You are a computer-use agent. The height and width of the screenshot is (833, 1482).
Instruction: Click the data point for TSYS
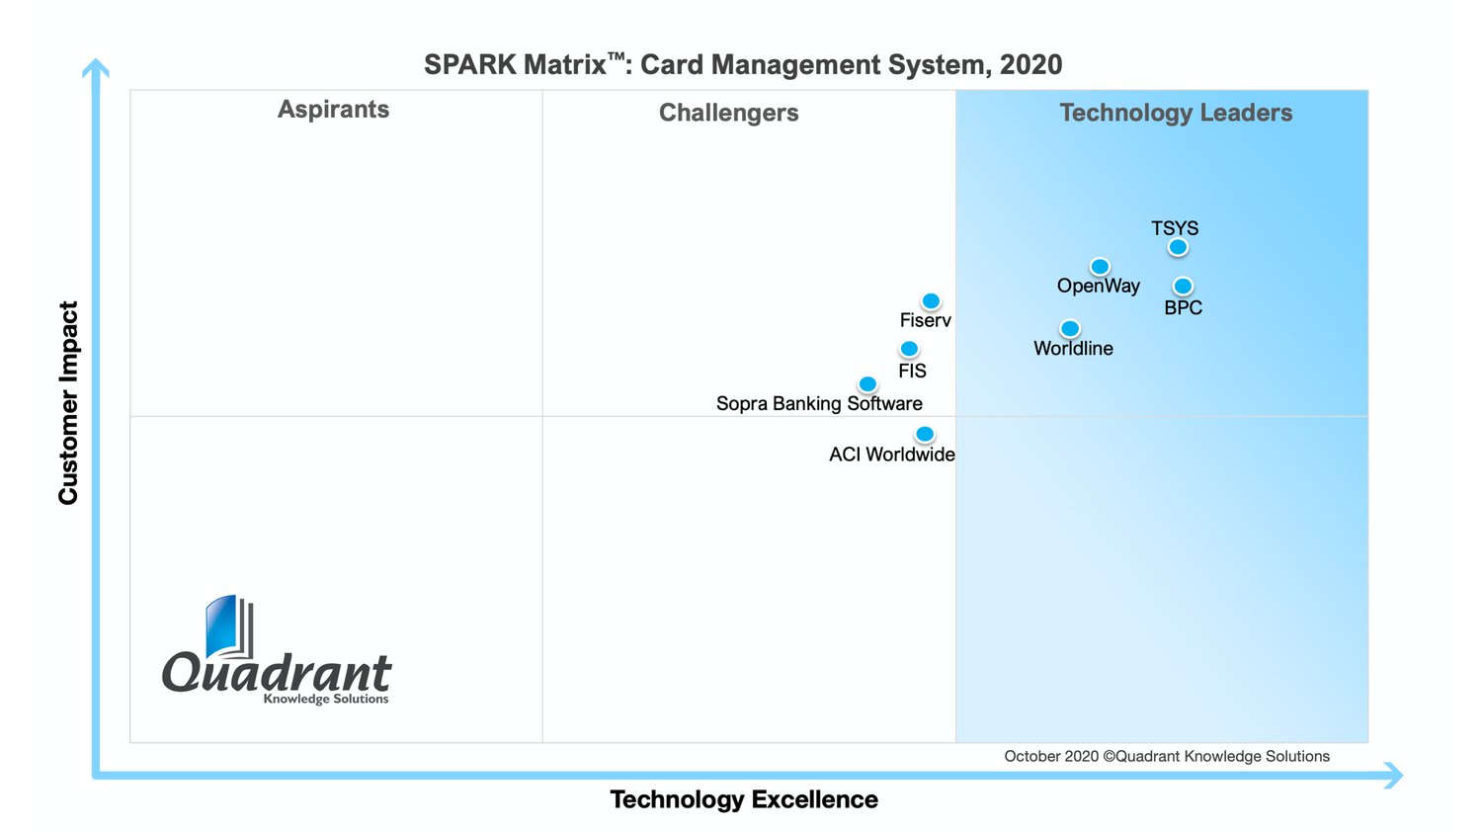[1178, 247]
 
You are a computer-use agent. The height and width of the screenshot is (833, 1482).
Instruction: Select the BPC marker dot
[1183, 287]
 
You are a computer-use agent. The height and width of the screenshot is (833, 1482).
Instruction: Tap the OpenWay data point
[1100, 267]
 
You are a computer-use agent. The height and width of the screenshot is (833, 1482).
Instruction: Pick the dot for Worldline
[1070, 328]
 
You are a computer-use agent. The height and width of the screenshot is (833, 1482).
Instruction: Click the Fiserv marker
[931, 301]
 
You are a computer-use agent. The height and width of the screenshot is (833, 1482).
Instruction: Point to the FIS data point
[909, 349]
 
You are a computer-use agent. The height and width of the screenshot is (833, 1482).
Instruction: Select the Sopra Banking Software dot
[867, 384]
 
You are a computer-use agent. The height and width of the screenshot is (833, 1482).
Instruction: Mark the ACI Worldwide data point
[925, 434]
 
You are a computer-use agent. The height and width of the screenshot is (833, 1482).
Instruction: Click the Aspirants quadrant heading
[333, 110]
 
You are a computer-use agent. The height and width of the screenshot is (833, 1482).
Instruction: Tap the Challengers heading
[728, 113]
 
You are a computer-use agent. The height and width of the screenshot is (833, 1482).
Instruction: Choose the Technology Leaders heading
[1176, 113]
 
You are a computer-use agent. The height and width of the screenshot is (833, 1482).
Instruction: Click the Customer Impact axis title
[68, 402]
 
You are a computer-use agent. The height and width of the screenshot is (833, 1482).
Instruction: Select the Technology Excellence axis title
[743, 799]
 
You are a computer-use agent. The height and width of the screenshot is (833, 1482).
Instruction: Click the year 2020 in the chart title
[1030, 65]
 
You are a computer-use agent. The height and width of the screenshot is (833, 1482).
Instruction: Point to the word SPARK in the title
[469, 65]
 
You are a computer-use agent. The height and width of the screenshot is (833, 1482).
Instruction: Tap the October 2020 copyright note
[1166, 756]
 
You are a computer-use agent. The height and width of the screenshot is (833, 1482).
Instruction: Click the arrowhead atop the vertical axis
[96, 68]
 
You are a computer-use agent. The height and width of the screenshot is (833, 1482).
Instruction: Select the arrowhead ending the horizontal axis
[1393, 776]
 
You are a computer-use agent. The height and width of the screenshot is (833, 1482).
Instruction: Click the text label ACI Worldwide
[891, 455]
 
